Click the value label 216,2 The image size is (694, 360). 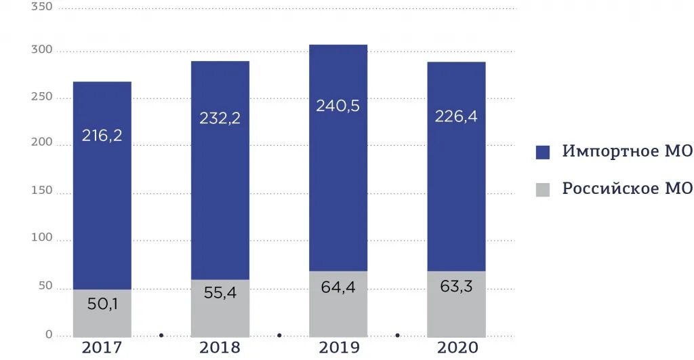pos(102,136)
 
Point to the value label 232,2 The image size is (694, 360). pos(220,118)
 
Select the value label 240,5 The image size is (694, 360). pos(338,106)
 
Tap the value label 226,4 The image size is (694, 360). pos(456,117)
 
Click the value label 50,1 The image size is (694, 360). pos(102,304)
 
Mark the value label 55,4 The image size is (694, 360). pos(220,294)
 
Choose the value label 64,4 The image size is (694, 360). pos(338,287)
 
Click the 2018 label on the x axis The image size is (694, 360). pos(220,348)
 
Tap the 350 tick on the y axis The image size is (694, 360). pos(42,7)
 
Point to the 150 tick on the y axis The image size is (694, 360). pos(42,192)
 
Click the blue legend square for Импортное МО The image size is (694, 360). pos(543,152)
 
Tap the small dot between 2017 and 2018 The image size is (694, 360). pos(161,335)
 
